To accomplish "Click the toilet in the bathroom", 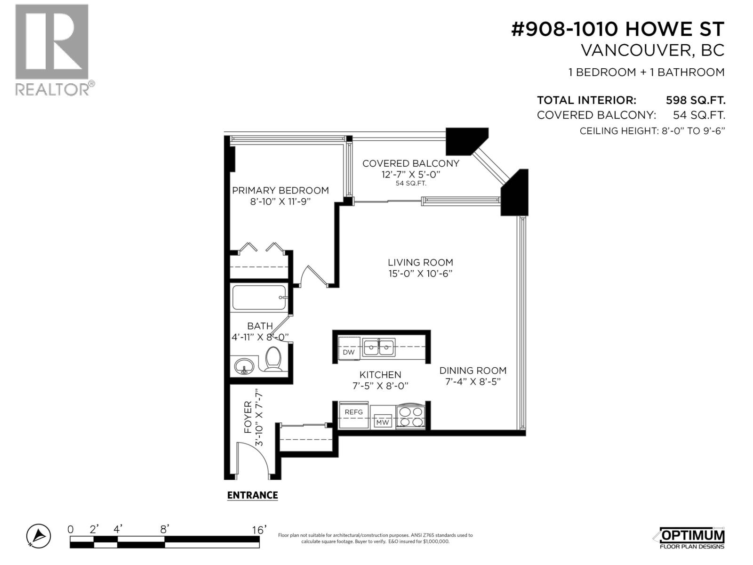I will coord(273,359).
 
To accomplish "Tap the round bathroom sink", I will coord(244,365).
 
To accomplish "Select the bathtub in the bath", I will coord(259,298).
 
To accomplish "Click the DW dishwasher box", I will coord(349,352).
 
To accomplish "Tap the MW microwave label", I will coord(382,422).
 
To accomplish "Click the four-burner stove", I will coord(411,417).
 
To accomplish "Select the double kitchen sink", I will coord(379,347).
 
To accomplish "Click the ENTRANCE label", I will coord(252,495).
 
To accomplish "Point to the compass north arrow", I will coord(39,536).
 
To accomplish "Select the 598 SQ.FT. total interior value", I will coord(695,100).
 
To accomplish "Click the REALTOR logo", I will coord(52,49).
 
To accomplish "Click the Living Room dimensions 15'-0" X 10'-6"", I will coord(420,274).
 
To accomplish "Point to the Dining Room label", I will coord(473,371).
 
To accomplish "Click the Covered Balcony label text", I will coord(410,163).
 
